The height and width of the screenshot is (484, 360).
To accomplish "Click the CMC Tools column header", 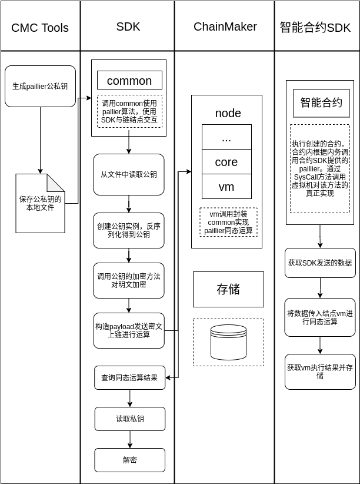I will (x=40, y=28).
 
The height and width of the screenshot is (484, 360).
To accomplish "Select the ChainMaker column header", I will (x=225, y=26).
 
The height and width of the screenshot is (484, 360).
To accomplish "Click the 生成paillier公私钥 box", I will (x=40, y=86).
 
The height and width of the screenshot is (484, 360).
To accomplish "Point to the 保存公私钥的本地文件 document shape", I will (x=40, y=204).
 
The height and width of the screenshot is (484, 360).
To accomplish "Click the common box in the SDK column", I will (x=129, y=81).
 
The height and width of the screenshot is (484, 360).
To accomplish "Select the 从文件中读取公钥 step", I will (x=128, y=174).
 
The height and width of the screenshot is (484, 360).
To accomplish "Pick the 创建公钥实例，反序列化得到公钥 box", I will (x=128, y=230).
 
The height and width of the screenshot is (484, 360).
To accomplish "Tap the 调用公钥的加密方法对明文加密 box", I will (x=128, y=280).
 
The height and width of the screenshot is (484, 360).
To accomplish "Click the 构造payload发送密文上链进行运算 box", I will (x=128, y=330).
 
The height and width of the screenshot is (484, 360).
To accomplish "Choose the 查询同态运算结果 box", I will (x=129, y=377).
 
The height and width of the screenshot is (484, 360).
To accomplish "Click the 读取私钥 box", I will (x=129, y=419).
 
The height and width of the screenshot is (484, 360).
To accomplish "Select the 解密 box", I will (x=129, y=460).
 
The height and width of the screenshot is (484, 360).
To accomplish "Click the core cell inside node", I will (x=226, y=162).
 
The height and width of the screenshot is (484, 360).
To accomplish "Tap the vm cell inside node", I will (x=226, y=187).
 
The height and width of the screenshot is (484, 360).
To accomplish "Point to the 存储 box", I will (x=228, y=289).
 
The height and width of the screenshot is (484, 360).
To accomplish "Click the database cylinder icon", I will (x=228, y=342).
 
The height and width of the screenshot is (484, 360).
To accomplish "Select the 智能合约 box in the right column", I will (x=321, y=103).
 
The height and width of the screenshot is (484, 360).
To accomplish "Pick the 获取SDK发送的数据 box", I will (x=320, y=263).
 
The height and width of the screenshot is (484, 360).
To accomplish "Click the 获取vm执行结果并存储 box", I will (x=320, y=372).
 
